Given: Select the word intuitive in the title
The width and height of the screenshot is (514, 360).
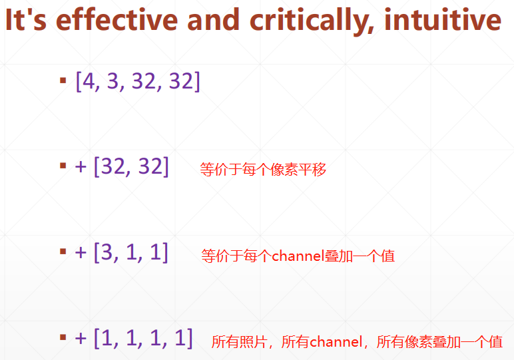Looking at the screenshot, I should click(x=443, y=20).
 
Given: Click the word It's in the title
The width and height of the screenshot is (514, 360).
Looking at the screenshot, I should click(x=26, y=20).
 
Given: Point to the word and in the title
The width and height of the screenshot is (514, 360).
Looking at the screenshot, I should click(x=213, y=20).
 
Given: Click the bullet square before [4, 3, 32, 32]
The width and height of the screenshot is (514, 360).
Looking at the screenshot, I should click(x=63, y=81).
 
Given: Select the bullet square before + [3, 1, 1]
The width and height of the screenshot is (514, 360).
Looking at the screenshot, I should click(x=63, y=252).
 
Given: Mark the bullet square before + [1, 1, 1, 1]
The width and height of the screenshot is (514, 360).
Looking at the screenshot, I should click(x=63, y=337).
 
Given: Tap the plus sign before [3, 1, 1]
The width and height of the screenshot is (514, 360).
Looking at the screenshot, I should click(x=81, y=253).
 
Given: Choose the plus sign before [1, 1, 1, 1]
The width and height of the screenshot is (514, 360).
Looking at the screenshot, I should click(x=81, y=339).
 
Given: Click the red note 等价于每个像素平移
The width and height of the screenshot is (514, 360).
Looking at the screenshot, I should click(x=264, y=170).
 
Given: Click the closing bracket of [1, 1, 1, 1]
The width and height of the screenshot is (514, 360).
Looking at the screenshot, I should click(x=189, y=339).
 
